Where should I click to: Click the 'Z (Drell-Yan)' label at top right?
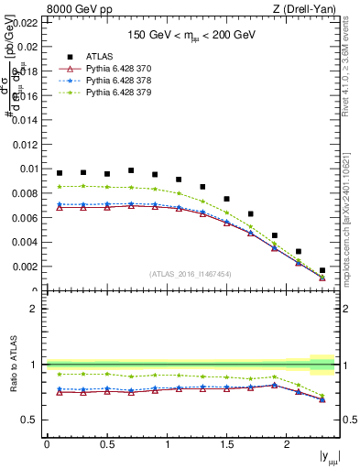pos(310,10)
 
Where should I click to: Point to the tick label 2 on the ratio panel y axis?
pos(36,309)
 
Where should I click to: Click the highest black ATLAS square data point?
pos(131,170)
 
